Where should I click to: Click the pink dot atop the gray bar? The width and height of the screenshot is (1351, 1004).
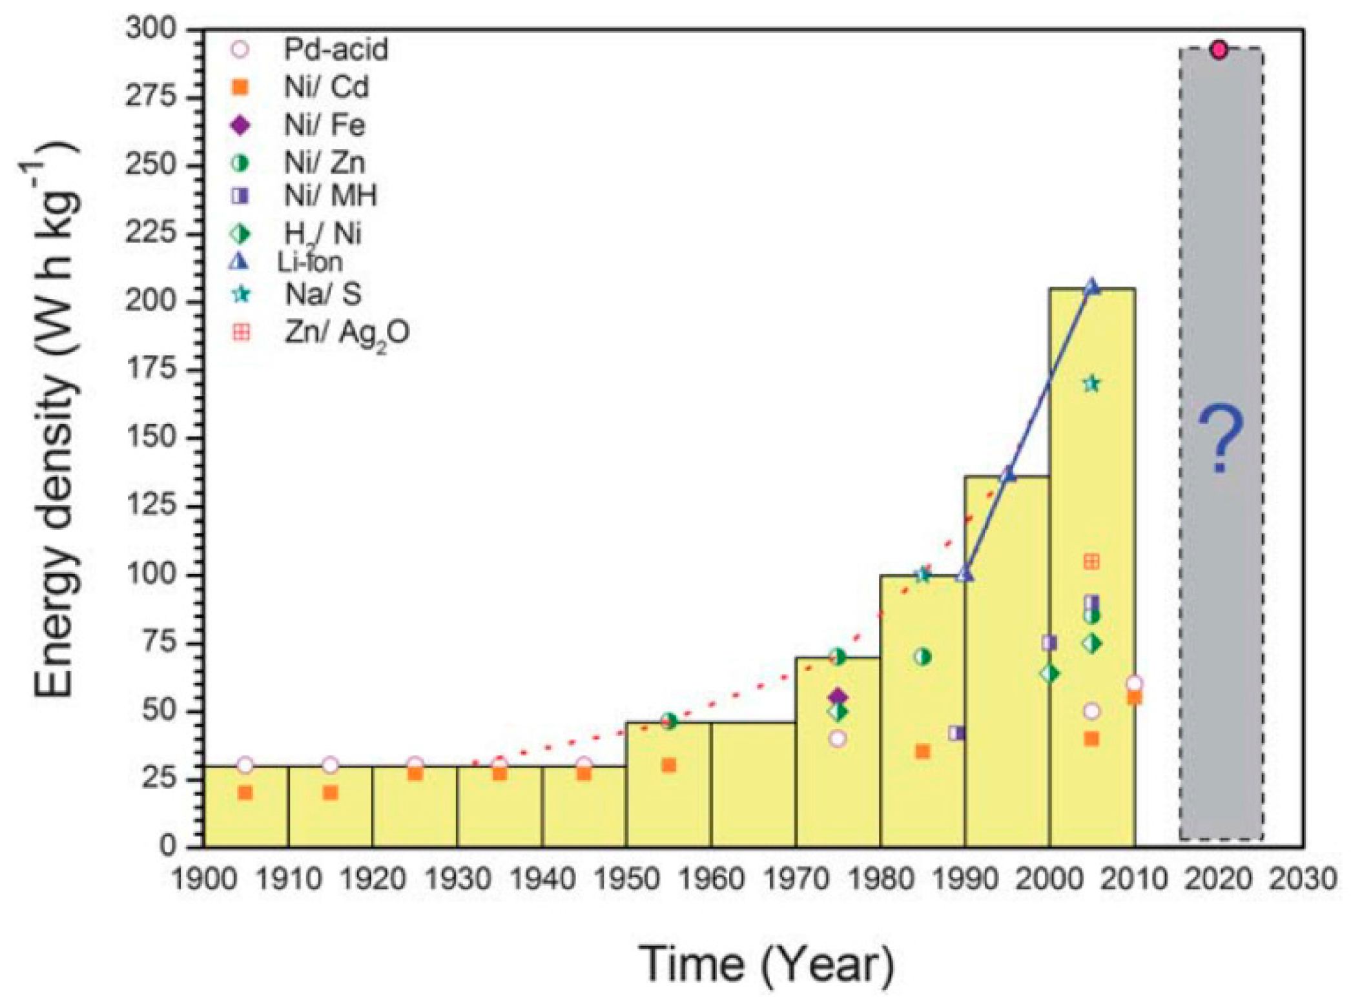pos(1219,50)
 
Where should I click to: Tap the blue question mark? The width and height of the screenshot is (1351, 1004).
pos(1220,439)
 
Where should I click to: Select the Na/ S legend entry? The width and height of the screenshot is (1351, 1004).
pos(304,294)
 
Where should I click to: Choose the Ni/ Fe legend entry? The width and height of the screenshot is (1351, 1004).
pos(301,125)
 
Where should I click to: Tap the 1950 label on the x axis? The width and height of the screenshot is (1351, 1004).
pos(625,879)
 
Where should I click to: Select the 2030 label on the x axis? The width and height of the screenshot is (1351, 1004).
pos(1302,879)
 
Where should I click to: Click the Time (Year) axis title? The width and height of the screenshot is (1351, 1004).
pos(767,964)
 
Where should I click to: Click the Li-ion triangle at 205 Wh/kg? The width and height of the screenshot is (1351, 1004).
pos(1091,286)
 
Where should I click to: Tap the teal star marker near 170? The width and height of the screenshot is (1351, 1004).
pos(1091,384)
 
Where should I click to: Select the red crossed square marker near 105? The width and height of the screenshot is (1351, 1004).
pos(1091,562)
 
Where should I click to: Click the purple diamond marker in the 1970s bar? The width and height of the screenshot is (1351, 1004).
pos(838,697)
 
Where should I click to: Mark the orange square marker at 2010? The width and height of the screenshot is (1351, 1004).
pos(1134,698)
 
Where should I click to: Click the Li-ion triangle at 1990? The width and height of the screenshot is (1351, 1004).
pos(965,573)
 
